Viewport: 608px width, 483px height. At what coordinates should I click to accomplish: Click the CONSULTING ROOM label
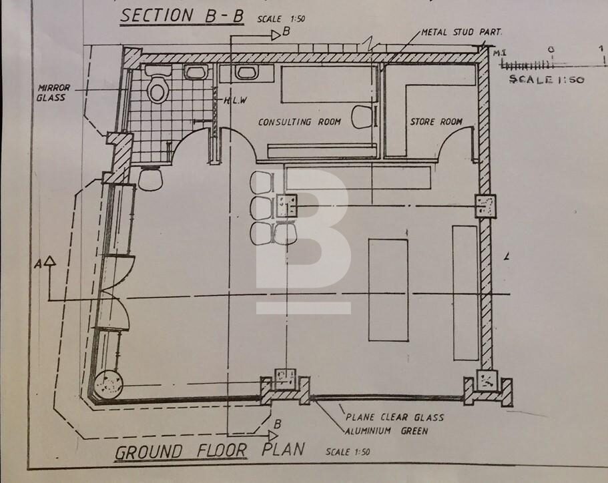(x=300, y=122)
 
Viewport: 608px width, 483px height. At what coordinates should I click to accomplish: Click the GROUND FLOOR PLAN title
(x=210, y=451)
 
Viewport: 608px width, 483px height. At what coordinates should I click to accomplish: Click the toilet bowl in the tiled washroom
(x=158, y=89)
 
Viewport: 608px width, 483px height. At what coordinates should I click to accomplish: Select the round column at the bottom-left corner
(x=108, y=385)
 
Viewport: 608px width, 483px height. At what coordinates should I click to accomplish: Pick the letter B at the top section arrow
(x=286, y=31)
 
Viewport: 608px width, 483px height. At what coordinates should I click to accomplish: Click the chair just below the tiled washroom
(x=151, y=179)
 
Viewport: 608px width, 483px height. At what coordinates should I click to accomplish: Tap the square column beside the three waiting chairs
(x=287, y=205)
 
